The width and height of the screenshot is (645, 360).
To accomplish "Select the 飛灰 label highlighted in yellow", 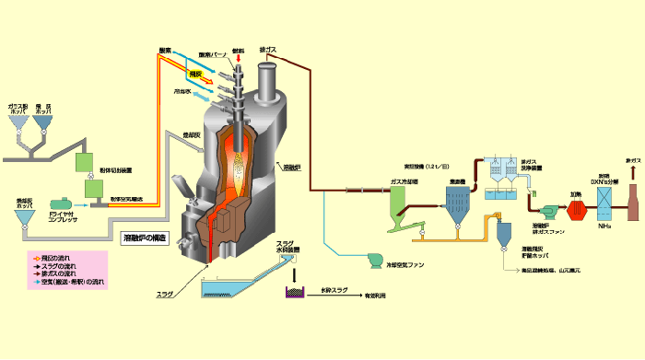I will (195, 73).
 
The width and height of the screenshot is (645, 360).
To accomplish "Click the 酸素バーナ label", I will (213, 54).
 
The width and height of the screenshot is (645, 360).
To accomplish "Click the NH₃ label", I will (604, 226).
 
